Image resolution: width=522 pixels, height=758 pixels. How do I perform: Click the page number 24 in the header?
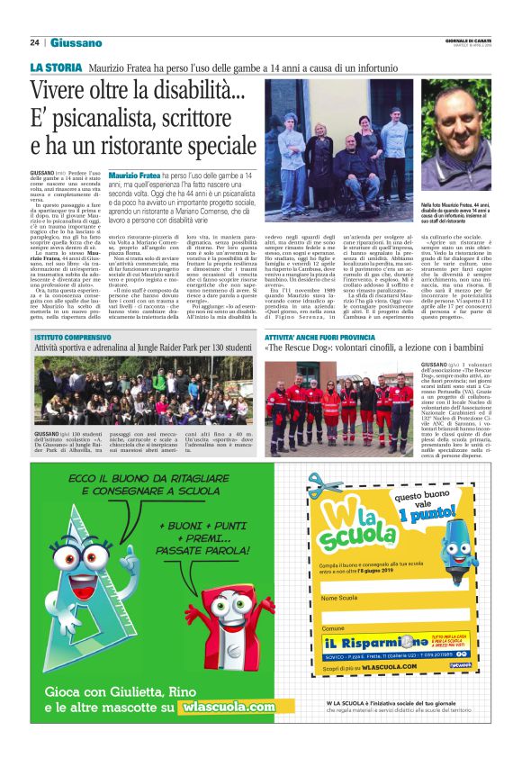(x=34, y=42)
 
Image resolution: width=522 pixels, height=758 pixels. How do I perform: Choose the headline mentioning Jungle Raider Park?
(x=144, y=347)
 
